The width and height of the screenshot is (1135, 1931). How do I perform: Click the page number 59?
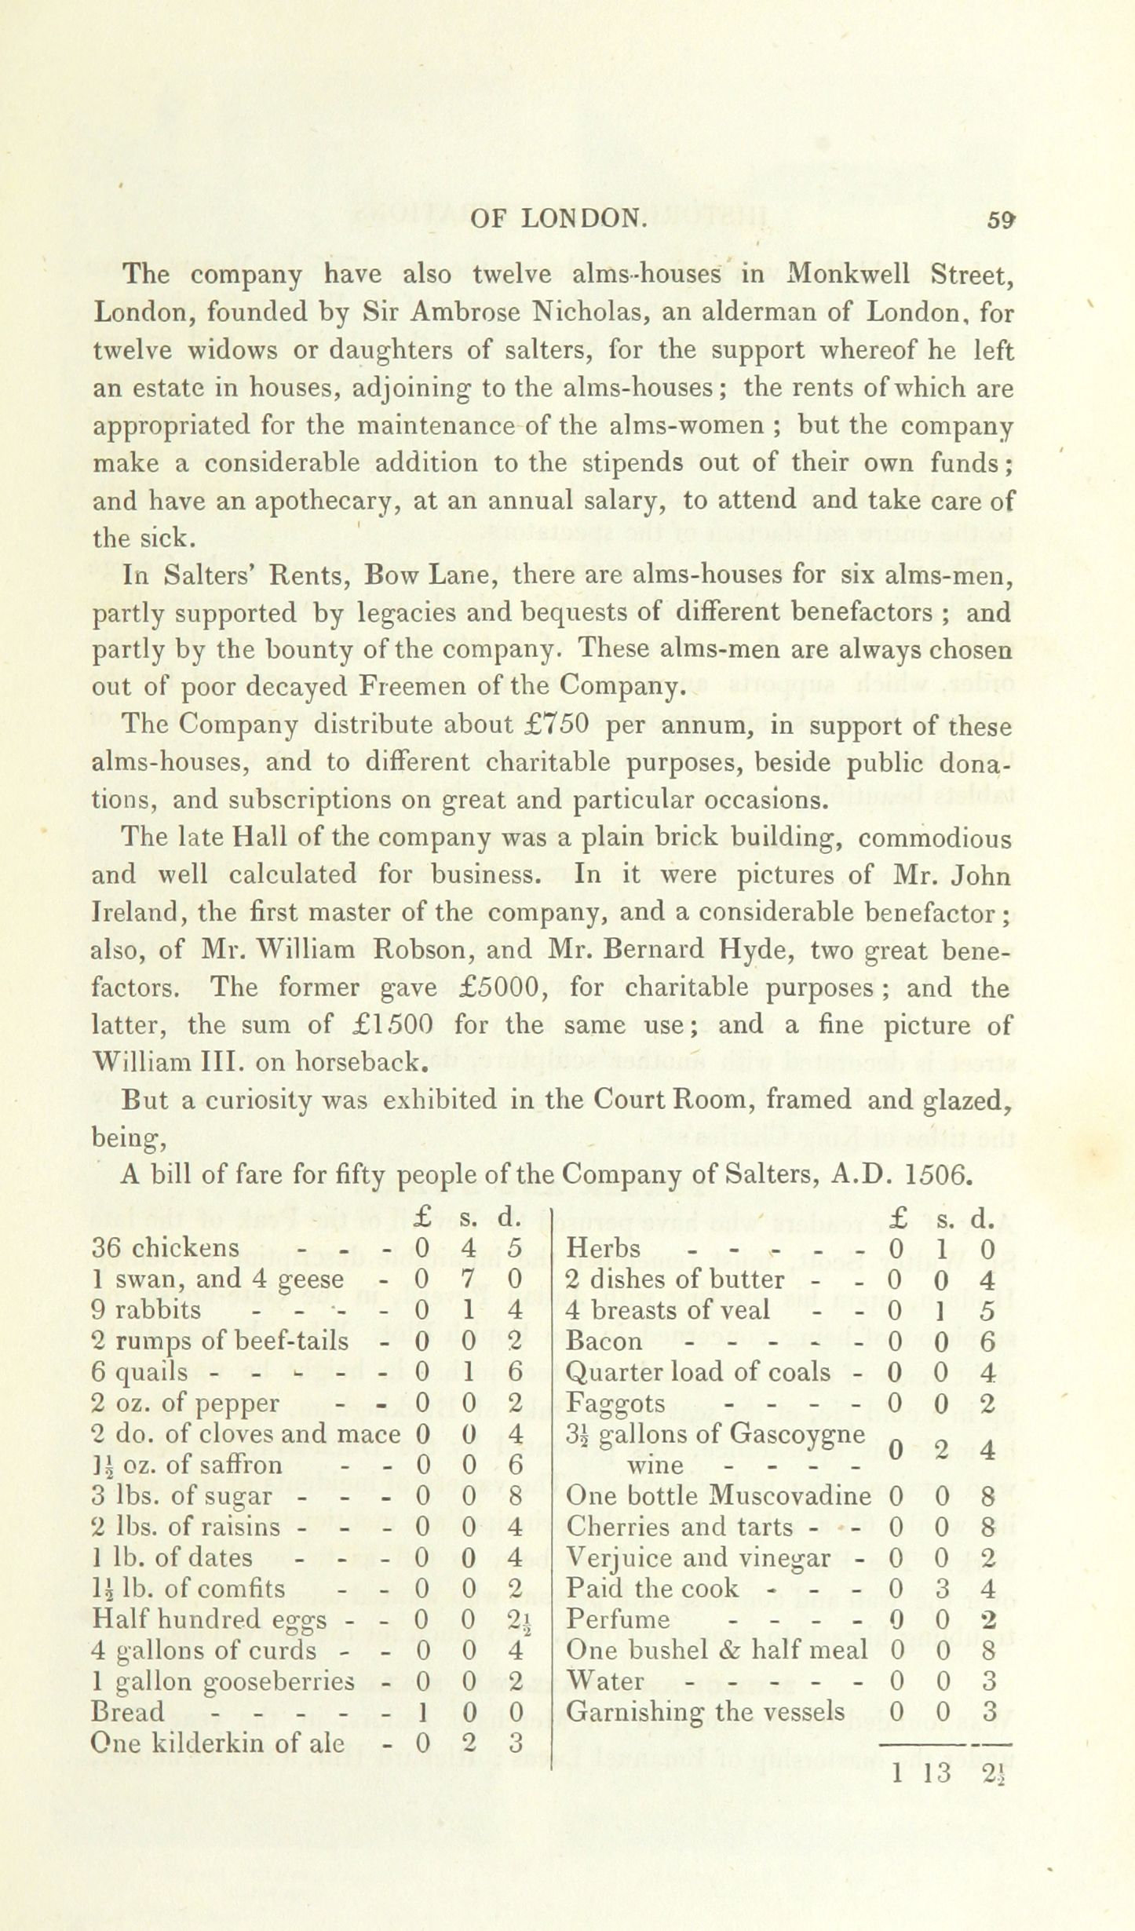pyautogui.click(x=1002, y=221)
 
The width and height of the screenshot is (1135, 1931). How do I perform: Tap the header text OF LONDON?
pyautogui.click(x=558, y=221)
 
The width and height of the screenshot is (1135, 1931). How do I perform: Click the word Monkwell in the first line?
pyautogui.click(x=849, y=275)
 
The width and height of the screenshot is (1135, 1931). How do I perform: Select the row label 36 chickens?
pyautogui.click(x=166, y=1248)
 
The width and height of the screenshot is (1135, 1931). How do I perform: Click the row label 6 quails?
pyautogui.click(x=140, y=1371)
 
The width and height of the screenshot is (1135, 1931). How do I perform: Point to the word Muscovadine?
pyautogui.click(x=790, y=1495)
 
